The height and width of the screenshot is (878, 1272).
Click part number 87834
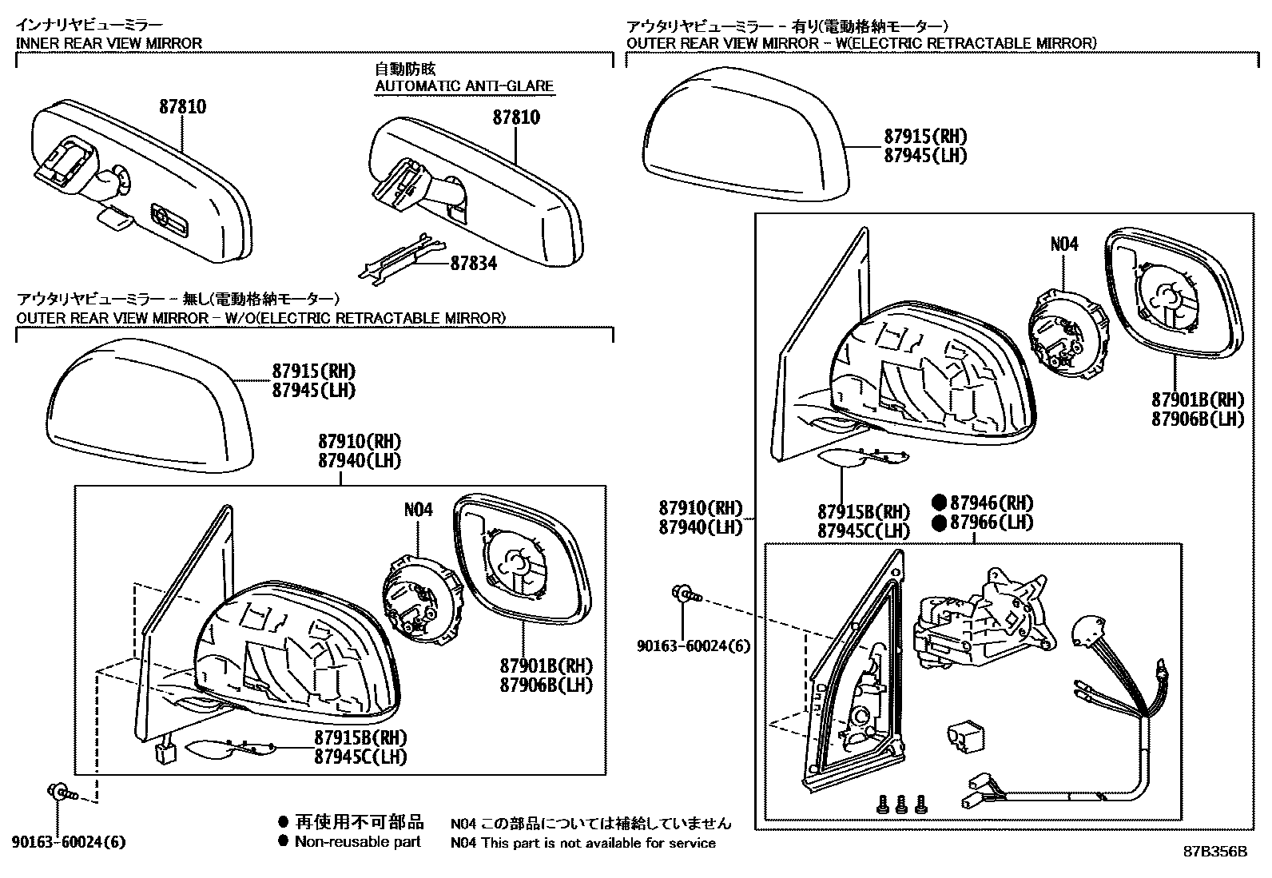pyautogui.click(x=473, y=263)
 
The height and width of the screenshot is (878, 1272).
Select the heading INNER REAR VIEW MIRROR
pyautogui.click(x=109, y=43)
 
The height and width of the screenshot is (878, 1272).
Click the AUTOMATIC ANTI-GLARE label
pyautogui.click(x=464, y=85)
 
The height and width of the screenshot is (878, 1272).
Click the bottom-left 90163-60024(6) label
pyautogui.click(x=69, y=842)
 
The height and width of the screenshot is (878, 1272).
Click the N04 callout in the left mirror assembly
pyautogui.click(x=418, y=509)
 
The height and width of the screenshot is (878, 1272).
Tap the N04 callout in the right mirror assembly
pyautogui.click(x=1063, y=244)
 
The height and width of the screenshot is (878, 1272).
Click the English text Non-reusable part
pyautogui.click(x=357, y=841)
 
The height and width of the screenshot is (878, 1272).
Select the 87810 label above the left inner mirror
pyautogui.click(x=182, y=106)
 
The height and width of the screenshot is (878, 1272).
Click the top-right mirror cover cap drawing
pyautogui.click(x=743, y=136)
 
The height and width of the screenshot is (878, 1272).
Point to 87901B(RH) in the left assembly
pyautogui.click(x=547, y=665)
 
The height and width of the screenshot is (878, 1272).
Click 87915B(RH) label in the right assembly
pyautogui.click(x=864, y=511)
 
